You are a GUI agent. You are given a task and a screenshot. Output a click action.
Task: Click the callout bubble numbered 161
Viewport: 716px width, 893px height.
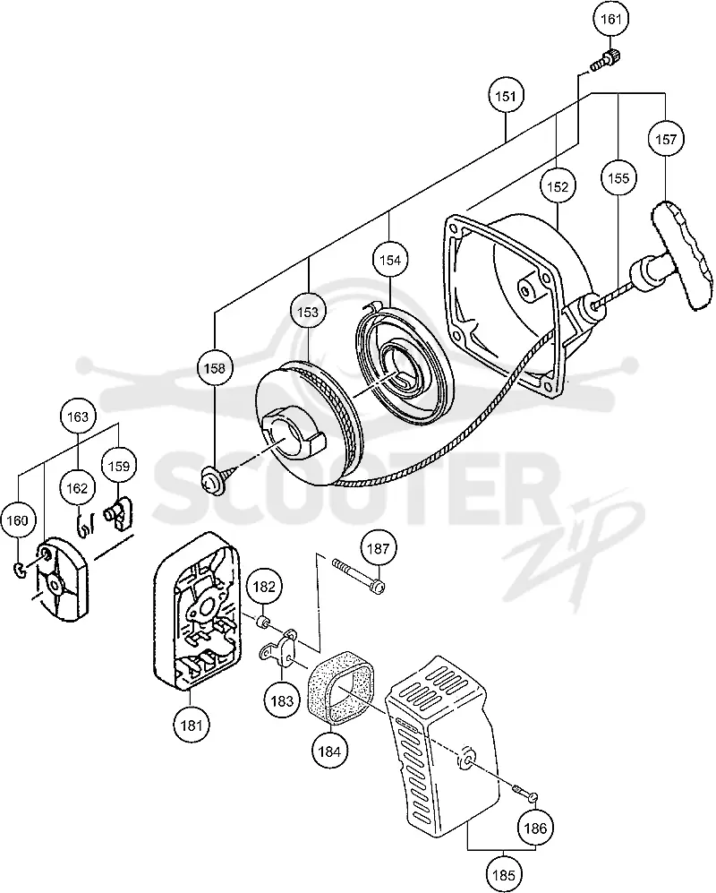[611, 20]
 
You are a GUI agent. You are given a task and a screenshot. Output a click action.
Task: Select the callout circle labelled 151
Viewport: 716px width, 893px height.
[506, 96]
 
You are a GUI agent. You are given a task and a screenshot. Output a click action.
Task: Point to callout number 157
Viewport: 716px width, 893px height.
[666, 139]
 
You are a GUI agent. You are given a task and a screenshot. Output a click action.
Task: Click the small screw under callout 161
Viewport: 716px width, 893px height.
[605, 60]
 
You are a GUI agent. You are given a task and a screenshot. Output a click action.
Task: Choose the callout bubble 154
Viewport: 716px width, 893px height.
[390, 261]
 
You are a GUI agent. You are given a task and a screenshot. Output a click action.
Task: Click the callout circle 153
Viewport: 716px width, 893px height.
[308, 312]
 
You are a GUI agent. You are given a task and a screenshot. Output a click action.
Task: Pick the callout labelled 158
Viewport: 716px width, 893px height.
[214, 368]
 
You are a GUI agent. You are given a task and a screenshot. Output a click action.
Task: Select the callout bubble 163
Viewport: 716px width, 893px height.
[77, 416]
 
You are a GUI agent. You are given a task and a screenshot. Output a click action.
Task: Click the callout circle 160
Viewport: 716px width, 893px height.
[18, 520]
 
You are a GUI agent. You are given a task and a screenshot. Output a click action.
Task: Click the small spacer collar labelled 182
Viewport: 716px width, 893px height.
[263, 621]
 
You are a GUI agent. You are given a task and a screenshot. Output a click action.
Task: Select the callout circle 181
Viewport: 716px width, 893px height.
[192, 726]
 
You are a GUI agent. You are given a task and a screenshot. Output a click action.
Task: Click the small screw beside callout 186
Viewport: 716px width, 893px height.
[526, 793]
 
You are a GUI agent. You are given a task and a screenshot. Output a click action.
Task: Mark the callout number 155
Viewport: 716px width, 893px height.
[618, 178]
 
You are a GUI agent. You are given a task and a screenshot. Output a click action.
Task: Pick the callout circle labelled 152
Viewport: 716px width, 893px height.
[558, 187]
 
